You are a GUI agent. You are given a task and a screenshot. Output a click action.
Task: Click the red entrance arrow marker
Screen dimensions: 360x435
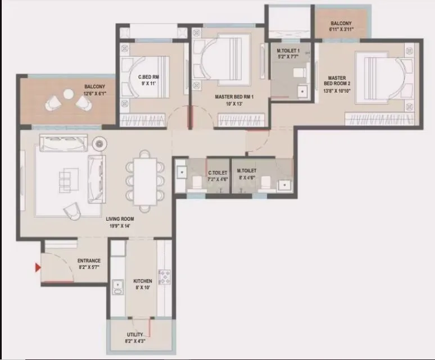coord(38,268)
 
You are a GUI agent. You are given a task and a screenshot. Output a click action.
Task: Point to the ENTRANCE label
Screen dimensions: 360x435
coord(89,261)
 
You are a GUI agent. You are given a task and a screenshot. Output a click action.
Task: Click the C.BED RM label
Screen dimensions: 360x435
coord(149,77)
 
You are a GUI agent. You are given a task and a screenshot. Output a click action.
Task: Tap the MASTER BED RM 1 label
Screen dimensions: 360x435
coord(235,97)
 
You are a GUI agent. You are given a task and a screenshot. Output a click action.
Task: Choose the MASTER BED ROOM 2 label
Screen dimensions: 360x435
coord(337,81)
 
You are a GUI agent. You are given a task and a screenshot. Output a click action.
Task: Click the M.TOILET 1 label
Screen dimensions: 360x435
coord(288,51)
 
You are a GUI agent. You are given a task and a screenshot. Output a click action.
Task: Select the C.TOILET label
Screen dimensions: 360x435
coord(217,173)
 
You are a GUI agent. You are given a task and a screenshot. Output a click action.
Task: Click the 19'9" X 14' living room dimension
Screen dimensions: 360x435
coord(121,226)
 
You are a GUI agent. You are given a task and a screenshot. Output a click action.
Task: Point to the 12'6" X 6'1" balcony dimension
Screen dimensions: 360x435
coord(95,93)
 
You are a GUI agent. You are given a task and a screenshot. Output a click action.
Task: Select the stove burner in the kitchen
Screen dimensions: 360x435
coord(165,277)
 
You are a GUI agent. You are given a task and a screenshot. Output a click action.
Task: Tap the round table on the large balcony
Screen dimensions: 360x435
coord(69,94)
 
